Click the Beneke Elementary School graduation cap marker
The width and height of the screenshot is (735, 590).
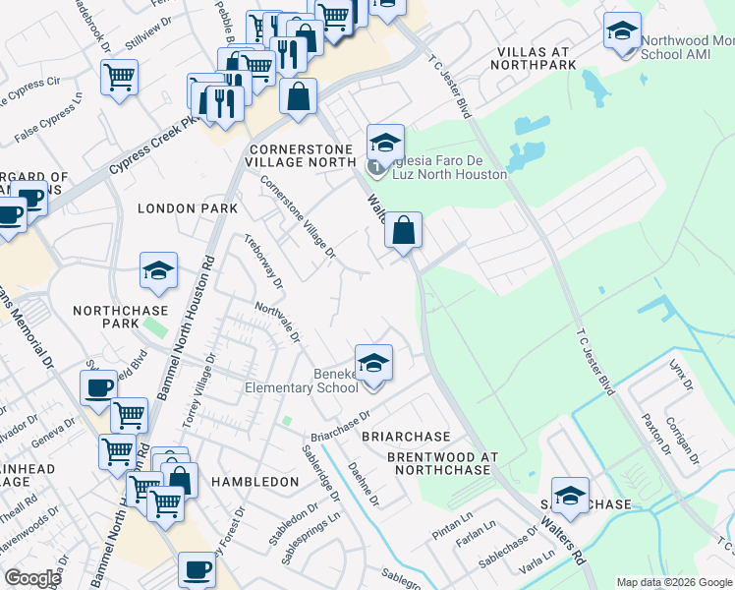373,365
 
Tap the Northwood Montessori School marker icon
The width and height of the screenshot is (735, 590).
622,32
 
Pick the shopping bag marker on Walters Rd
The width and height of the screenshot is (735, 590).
403,233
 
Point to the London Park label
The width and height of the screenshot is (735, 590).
188,208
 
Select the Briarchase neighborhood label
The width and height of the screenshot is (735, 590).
406,436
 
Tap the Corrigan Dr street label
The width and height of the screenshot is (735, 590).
681,439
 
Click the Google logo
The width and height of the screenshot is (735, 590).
33,577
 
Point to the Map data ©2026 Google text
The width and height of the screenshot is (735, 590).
674,582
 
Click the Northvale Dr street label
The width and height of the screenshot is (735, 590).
277,323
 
